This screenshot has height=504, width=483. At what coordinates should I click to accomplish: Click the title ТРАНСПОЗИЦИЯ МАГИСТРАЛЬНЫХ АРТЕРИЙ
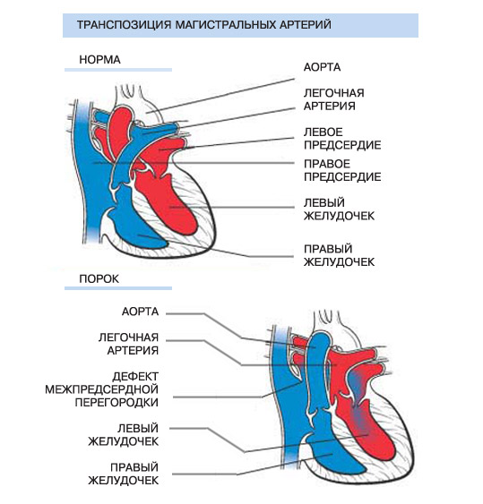[x=204, y=25]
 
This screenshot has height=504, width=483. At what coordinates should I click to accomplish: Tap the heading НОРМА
[x=99, y=60]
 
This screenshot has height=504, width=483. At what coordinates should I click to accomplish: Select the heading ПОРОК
[x=99, y=278]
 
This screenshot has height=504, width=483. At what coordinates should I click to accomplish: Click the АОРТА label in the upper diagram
[x=322, y=67]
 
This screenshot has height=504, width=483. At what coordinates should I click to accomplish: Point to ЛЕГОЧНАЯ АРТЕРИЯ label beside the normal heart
[x=334, y=99]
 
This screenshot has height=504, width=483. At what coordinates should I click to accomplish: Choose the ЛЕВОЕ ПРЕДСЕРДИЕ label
[x=342, y=139]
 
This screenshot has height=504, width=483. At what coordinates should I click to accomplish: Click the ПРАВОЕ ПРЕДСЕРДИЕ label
[x=342, y=170]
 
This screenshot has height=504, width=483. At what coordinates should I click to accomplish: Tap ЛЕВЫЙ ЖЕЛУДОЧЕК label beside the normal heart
[x=339, y=209]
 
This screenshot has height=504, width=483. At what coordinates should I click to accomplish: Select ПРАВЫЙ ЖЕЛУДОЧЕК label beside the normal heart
[x=339, y=255]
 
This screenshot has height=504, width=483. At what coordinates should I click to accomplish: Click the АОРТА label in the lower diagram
[x=141, y=312]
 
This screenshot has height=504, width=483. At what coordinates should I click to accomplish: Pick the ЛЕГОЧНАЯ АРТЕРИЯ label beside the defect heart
[x=128, y=344]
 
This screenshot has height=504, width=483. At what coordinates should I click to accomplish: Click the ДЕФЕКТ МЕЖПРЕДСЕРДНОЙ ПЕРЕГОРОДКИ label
[x=101, y=389]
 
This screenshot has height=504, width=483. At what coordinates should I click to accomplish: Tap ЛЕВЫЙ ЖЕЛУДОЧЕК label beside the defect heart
[x=124, y=434]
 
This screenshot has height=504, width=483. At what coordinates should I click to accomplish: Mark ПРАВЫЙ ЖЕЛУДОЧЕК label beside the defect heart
[x=124, y=474]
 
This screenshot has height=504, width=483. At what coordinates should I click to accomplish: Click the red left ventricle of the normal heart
[x=174, y=202]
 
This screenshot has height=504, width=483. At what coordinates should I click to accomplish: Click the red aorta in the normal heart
[x=120, y=132]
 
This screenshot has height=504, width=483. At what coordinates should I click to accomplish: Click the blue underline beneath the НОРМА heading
[x=118, y=70]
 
